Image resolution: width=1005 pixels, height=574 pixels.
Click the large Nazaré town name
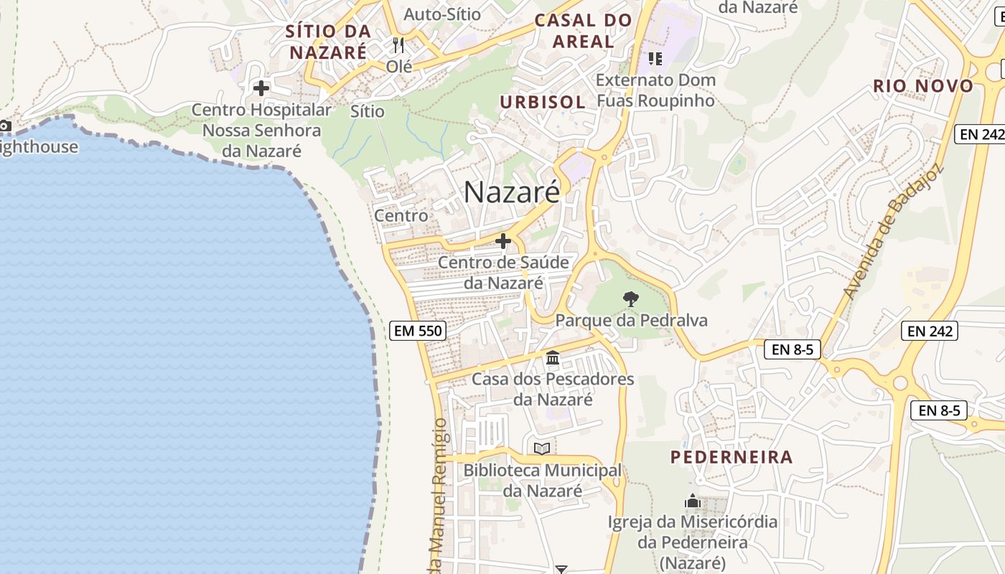coord(511,192)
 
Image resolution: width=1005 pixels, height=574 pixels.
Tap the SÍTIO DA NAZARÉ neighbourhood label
coord(328,42)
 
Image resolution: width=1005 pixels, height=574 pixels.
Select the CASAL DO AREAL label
coord(583,31)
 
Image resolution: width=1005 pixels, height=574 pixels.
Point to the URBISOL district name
coord(543,102)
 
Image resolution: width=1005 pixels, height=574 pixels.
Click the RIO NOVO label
coord(923,86)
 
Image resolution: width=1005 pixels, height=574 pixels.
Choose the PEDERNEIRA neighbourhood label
coord(731,457)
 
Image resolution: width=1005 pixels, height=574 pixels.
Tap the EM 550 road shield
coord(418,331)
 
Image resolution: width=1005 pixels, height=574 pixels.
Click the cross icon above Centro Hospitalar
coord(261,88)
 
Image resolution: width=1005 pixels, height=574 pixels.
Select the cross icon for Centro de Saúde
coord(503,241)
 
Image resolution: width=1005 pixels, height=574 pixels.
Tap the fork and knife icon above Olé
coord(399,45)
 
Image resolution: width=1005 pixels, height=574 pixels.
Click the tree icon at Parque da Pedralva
coord(631,298)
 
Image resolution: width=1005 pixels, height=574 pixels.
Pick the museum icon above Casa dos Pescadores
coord(553,357)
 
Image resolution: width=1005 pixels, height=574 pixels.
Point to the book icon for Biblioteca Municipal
coord(542,448)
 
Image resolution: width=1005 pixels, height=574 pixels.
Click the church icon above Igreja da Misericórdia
coord(693,501)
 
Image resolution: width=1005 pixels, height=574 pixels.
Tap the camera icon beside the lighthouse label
coord(5,126)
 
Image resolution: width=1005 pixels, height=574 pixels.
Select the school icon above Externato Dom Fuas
coord(655,58)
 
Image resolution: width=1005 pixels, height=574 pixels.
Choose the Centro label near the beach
coord(401,215)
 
